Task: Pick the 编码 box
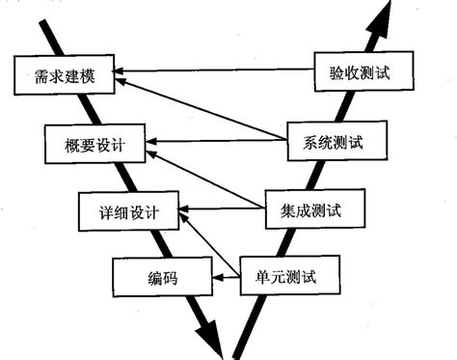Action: (x=162, y=280)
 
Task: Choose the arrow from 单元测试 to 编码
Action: (x=225, y=280)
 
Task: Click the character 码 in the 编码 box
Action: (x=173, y=280)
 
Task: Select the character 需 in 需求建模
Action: (x=38, y=74)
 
